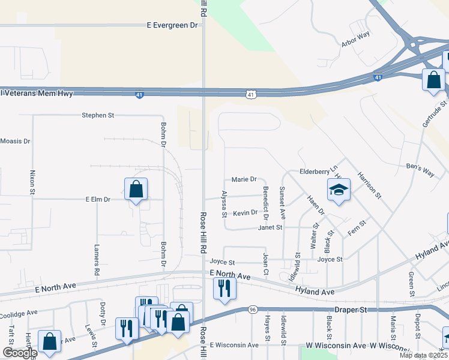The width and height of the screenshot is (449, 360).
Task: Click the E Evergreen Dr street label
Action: click(x=172, y=25)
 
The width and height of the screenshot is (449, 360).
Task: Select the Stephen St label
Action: click(x=97, y=115)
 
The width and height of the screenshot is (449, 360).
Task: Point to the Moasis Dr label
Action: click(x=15, y=141)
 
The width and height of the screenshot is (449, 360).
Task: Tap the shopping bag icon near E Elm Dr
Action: click(x=136, y=189)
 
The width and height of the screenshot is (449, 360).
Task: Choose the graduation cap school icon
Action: click(x=339, y=190)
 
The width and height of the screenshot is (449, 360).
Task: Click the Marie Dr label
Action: click(x=244, y=179)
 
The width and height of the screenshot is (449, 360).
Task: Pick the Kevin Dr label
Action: click(x=245, y=213)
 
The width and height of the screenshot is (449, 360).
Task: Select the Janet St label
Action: click(x=270, y=227)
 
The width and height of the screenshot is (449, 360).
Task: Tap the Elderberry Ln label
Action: click(x=319, y=172)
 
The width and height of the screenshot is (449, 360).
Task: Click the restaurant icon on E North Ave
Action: click(x=224, y=288)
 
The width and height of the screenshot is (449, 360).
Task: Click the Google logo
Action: click(x=20, y=353)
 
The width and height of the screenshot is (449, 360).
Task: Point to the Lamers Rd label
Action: click(x=97, y=260)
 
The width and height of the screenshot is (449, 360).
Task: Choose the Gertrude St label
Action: click(x=435, y=115)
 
